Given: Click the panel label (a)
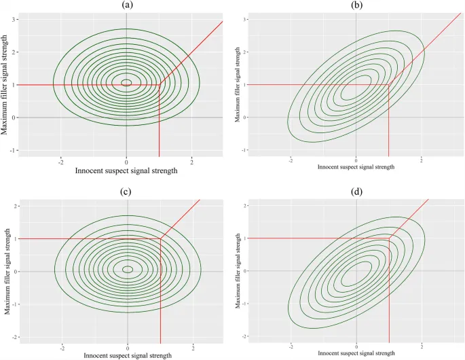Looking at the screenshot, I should coord(127,5).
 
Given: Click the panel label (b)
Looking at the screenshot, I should coord(356,5).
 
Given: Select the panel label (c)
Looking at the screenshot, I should coord(128,192).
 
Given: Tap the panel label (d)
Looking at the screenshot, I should coord(356,192).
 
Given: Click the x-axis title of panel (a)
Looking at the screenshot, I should coord(127,170).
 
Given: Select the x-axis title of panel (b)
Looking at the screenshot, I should coord(356,166).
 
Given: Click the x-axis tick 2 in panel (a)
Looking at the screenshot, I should coord(192,162).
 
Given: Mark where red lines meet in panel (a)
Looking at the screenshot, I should coord(159,85).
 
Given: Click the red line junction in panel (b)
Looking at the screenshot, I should coord(389,85).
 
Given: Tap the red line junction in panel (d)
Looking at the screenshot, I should coord(389,238).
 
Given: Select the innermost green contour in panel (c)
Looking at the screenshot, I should coord(128,269).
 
